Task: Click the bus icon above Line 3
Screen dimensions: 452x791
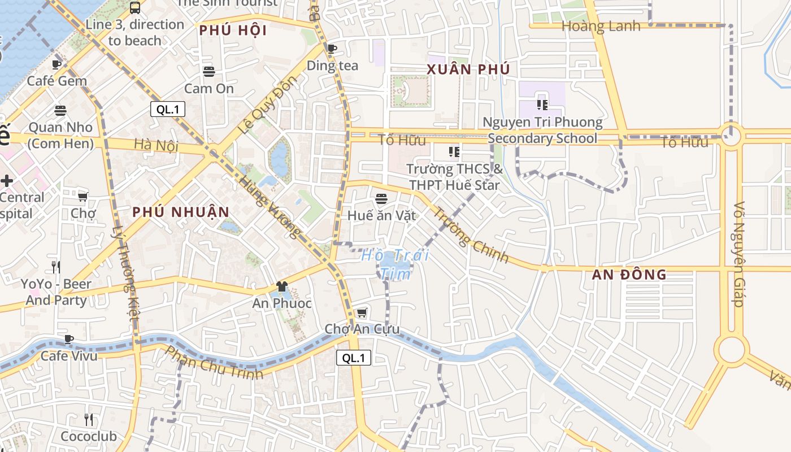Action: pos(135,8)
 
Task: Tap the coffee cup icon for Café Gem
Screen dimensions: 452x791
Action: pos(56,65)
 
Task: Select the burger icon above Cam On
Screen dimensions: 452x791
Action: pos(209,72)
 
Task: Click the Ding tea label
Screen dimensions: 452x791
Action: pos(332,66)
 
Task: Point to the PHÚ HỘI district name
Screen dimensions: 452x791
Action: pos(233,31)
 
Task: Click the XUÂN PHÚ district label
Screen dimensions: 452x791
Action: pos(468,69)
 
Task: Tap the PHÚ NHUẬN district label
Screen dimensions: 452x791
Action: pos(181,212)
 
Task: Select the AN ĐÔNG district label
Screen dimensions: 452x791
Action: pos(629,275)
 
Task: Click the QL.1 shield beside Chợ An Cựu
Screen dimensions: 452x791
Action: pos(354,358)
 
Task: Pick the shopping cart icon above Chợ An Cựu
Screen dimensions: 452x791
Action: pos(362,313)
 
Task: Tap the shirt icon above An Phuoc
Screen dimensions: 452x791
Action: pos(281,287)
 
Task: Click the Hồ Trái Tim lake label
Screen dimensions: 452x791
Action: pos(395,264)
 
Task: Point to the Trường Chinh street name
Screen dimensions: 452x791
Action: pos(471,236)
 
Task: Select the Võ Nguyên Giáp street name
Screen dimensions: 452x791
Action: pos(738,254)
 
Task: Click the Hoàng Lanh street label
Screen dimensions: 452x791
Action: pos(601,26)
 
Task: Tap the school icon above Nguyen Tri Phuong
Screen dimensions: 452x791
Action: pos(542,105)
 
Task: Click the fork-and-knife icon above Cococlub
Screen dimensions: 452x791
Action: pos(89,420)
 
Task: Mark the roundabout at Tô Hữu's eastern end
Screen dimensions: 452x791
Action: pos(731,136)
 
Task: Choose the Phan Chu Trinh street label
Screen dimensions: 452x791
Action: pos(214,363)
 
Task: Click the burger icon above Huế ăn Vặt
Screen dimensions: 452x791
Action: pos(381,199)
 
